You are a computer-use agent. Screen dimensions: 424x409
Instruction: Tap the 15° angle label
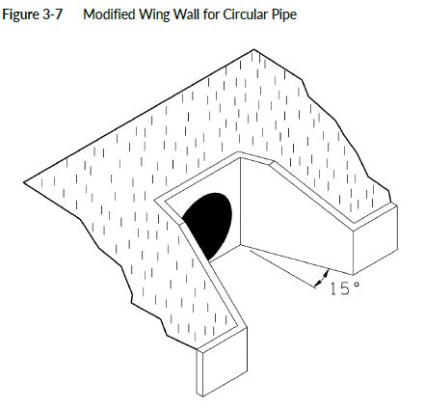coord(344,288)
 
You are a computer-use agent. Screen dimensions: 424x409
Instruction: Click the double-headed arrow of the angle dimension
coord(322,279)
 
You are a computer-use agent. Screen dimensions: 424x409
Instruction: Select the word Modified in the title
coord(108,14)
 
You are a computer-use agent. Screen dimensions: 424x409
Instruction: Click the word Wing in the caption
coord(153,15)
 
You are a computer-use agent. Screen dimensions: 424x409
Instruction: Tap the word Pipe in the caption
coord(285,15)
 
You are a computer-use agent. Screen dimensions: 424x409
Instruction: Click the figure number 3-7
coord(51,14)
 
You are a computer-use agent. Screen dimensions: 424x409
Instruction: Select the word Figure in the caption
coord(20,15)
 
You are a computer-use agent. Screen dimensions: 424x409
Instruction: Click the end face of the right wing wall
coord(375,240)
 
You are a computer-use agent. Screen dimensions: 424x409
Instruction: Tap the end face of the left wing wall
coord(222,362)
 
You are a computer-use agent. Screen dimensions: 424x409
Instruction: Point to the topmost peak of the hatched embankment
coord(254,49)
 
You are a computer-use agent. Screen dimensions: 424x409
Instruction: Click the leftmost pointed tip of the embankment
coord(24,183)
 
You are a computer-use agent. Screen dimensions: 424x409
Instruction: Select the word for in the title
coord(211,14)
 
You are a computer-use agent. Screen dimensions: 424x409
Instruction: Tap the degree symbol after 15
coord(357,284)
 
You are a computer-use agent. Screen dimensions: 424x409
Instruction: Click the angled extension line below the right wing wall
coord(282,268)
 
